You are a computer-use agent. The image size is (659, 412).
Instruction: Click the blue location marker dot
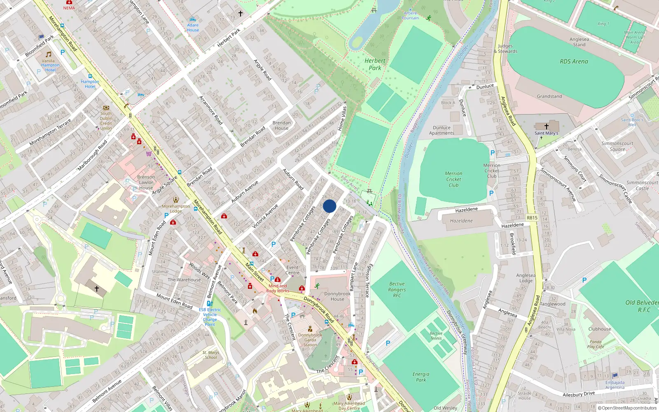(x=329, y=206)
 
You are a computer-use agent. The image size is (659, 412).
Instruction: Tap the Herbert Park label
(x=375, y=64)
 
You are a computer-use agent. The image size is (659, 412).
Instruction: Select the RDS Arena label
(x=574, y=61)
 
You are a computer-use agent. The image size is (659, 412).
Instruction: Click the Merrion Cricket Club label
(x=453, y=179)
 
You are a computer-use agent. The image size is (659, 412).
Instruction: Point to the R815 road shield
(x=532, y=218)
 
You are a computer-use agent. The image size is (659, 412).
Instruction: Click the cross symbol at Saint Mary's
(x=547, y=126)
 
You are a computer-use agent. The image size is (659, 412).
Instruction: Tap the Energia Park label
(x=421, y=377)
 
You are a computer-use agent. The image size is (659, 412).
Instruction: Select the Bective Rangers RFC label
(x=397, y=290)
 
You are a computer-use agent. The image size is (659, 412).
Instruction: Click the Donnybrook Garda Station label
(x=310, y=340)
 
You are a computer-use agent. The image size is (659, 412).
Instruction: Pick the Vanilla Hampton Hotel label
(x=50, y=65)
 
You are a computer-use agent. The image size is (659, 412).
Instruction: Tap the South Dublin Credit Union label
(x=106, y=121)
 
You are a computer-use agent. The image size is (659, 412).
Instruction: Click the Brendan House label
(x=282, y=125)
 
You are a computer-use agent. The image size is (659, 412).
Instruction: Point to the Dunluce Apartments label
(x=442, y=130)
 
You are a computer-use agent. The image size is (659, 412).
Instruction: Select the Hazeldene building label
(x=461, y=221)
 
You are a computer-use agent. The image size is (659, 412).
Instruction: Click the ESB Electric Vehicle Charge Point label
(x=210, y=317)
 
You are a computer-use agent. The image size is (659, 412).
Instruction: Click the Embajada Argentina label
(x=615, y=385)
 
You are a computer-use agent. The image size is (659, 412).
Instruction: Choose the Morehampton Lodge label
(x=176, y=208)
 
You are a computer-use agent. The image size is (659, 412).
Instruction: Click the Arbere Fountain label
(x=410, y=16)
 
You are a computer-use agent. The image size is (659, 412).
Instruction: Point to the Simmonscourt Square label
(x=617, y=146)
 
